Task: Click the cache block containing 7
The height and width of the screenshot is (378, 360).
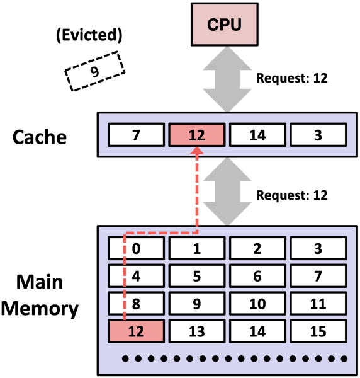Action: click(x=136, y=134)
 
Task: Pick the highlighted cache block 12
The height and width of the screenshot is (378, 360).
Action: click(x=196, y=134)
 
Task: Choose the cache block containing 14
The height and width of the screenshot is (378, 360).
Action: click(x=257, y=134)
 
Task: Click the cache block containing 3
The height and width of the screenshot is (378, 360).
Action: click(x=318, y=134)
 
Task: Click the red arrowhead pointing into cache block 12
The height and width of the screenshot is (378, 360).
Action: click(x=197, y=151)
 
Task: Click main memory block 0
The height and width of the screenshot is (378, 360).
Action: click(x=136, y=248)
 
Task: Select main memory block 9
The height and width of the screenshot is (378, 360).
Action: click(x=196, y=302)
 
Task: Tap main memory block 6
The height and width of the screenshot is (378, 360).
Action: click(x=257, y=275)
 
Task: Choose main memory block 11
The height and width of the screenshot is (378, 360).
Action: click(x=318, y=302)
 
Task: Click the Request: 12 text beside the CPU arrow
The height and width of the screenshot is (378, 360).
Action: click(x=292, y=79)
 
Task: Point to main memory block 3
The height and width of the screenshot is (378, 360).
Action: click(x=318, y=248)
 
